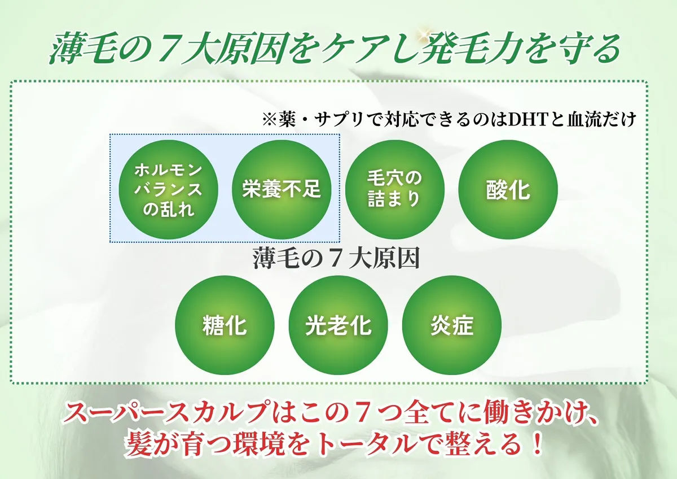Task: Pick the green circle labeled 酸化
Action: (508, 189)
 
